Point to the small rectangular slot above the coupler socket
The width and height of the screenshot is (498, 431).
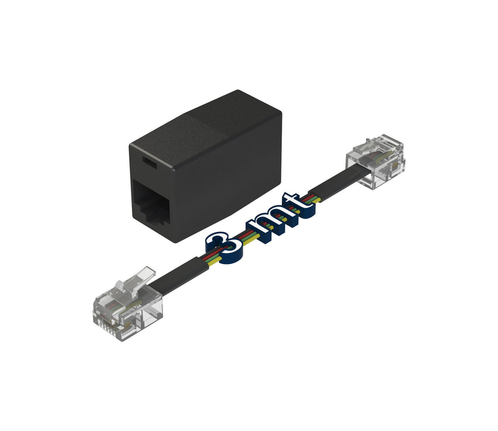[x=149, y=163]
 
